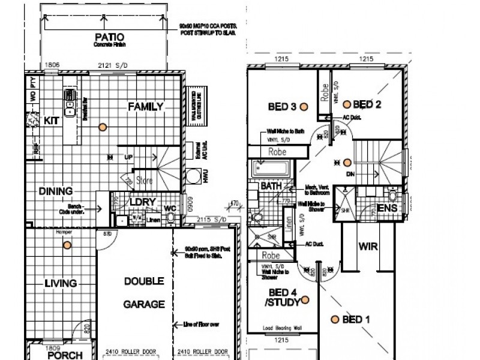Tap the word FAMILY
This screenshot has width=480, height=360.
coord(145,107)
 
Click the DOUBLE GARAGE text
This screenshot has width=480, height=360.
coord(144,292)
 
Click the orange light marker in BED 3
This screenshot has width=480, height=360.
coord(304,106)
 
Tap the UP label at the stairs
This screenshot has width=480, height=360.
coord(128,157)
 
